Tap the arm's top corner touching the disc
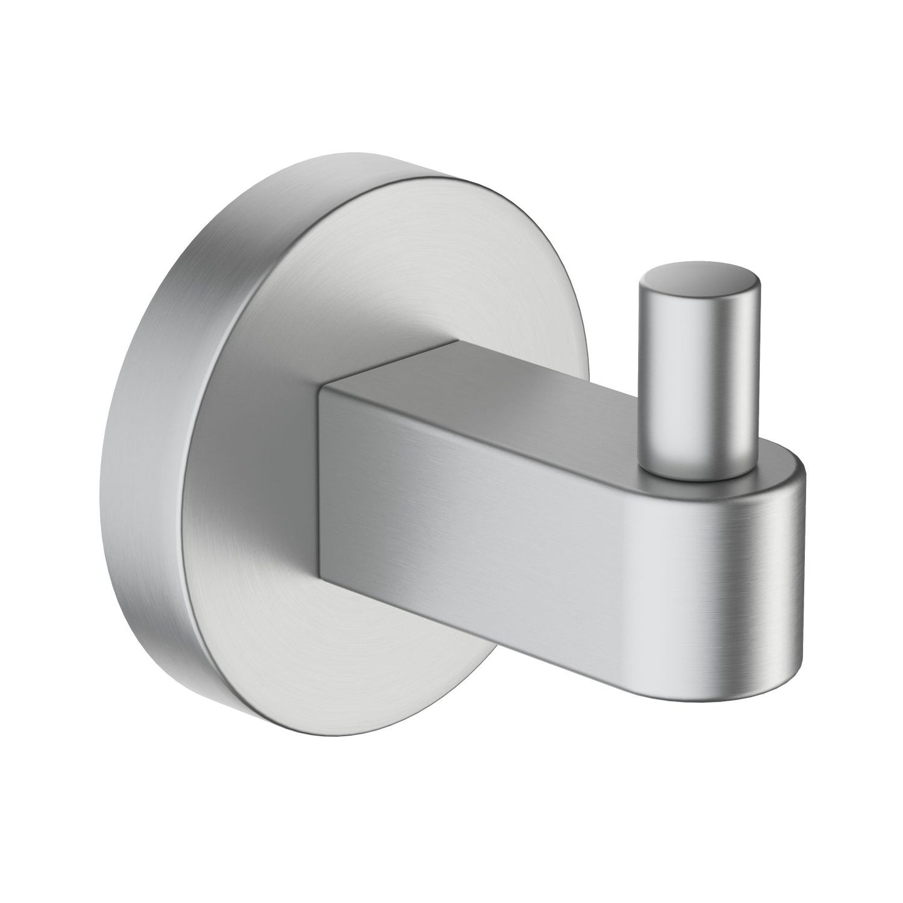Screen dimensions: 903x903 459,341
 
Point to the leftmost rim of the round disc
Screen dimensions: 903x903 119,500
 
